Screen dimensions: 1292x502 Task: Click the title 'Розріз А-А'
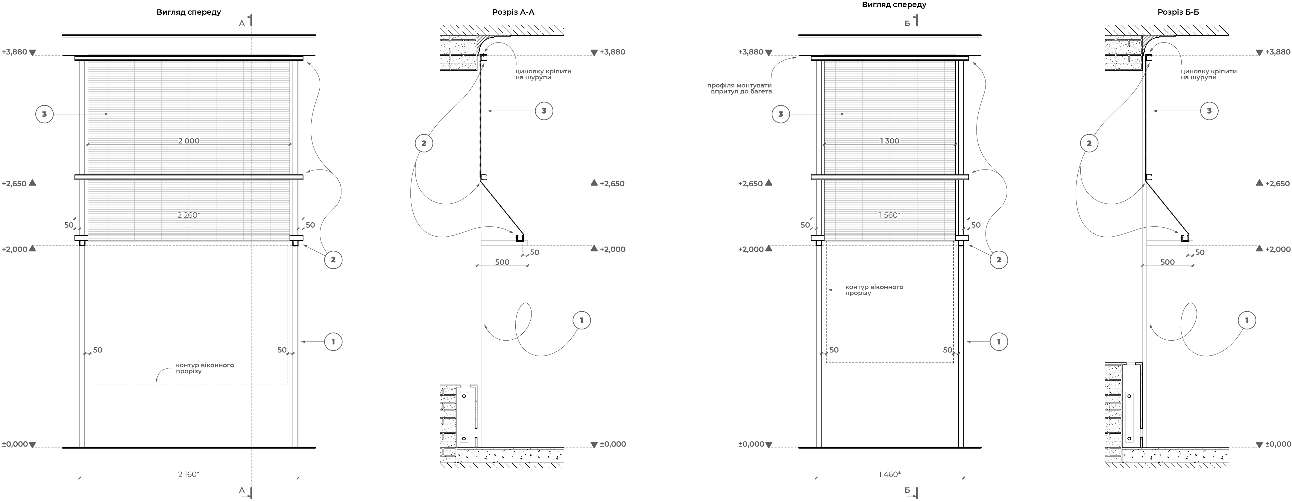(x=513, y=12)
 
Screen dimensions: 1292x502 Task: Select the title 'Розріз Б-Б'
(x=1178, y=12)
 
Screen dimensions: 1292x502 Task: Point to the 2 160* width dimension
(x=189, y=474)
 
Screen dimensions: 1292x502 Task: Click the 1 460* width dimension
(x=889, y=474)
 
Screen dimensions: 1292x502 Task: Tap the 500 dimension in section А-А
(x=502, y=262)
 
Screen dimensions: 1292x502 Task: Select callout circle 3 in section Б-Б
(x=1209, y=111)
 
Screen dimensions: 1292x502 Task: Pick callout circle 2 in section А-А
(x=424, y=143)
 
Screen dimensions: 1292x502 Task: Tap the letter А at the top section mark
(x=242, y=23)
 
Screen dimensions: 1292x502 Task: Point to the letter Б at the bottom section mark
(x=907, y=490)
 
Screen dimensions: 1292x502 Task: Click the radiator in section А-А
(x=464, y=417)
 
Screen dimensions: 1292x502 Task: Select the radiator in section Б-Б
(x=1129, y=417)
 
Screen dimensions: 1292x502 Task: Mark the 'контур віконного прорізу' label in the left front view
(x=205, y=368)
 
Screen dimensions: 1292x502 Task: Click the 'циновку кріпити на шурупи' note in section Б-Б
(x=1208, y=74)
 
